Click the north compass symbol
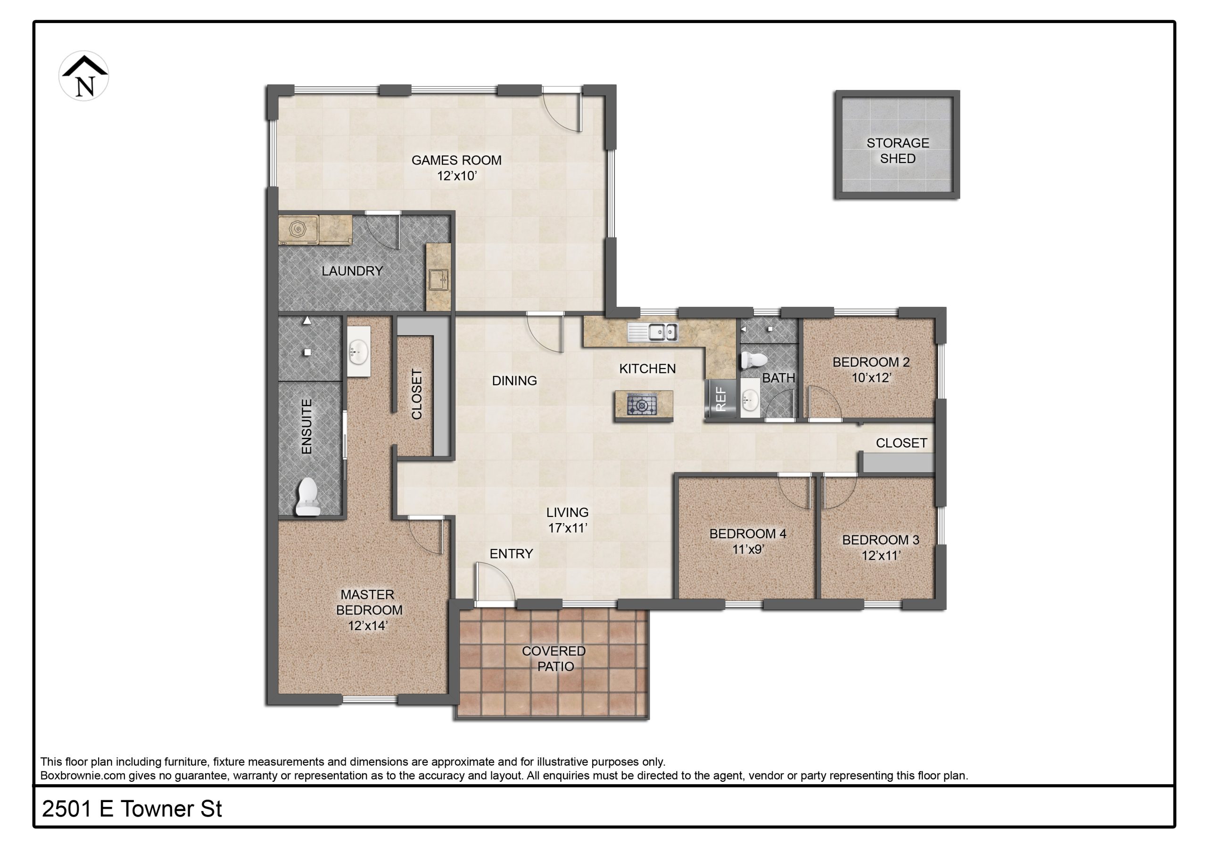click(x=83, y=76)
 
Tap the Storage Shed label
click(x=897, y=150)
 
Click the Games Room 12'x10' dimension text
click(x=456, y=176)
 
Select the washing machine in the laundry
click(x=298, y=230)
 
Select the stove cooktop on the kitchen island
click(x=641, y=405)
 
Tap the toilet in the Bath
click(x=754, y=360)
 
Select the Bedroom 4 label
click(x=748, y=533)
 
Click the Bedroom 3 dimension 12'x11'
click(x=881, y=556)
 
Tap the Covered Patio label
click(x=554, y=658)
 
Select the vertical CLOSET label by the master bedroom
click(x=417, y=394)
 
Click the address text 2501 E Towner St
click(x=132, y=809)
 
